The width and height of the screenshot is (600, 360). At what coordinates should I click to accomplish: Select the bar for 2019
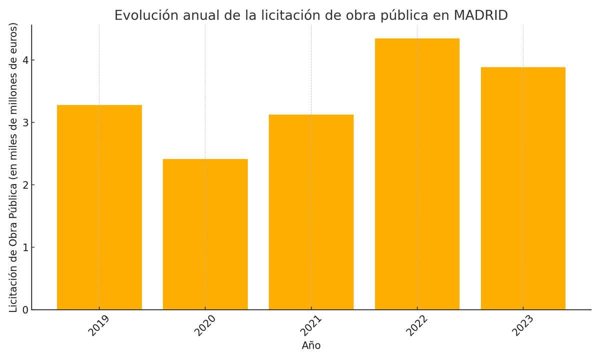(99, 207)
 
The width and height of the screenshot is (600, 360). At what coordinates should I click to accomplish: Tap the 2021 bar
(311, 212)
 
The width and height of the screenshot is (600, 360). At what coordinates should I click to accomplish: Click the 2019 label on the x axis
(99, 325)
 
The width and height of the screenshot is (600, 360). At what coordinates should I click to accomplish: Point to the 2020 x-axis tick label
(205, 325)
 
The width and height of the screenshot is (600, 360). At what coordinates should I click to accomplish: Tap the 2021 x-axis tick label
(311, 325)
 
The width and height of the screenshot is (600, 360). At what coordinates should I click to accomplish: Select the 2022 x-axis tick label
(417, 325)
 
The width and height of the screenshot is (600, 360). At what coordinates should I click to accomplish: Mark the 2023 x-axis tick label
(523, 325)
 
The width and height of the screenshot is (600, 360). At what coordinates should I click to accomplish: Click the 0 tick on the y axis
(24, 310)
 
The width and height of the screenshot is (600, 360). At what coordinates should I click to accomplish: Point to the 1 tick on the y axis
(24, 247)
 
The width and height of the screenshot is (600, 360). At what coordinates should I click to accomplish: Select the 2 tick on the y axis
(24, 185)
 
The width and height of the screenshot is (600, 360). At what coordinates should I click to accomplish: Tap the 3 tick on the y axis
(24, 122)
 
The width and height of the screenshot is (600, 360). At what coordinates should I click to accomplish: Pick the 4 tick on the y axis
(24, 60)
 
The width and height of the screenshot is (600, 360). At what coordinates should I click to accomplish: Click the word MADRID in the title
(480, 15)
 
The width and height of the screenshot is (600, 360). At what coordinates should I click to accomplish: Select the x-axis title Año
(311, 345)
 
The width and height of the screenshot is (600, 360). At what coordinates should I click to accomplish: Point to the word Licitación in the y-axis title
(13, 287)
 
